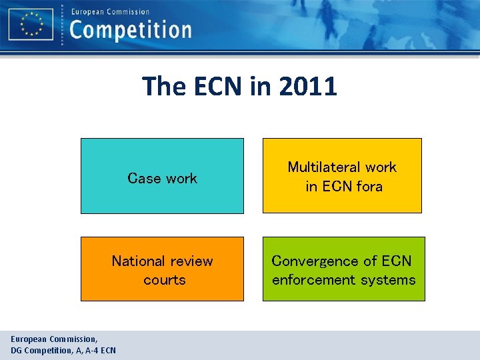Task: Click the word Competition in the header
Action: click(131, 30)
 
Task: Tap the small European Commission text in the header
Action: click(110, 11)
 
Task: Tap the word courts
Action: click(164, 280)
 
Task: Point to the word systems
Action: click(391, 280)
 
